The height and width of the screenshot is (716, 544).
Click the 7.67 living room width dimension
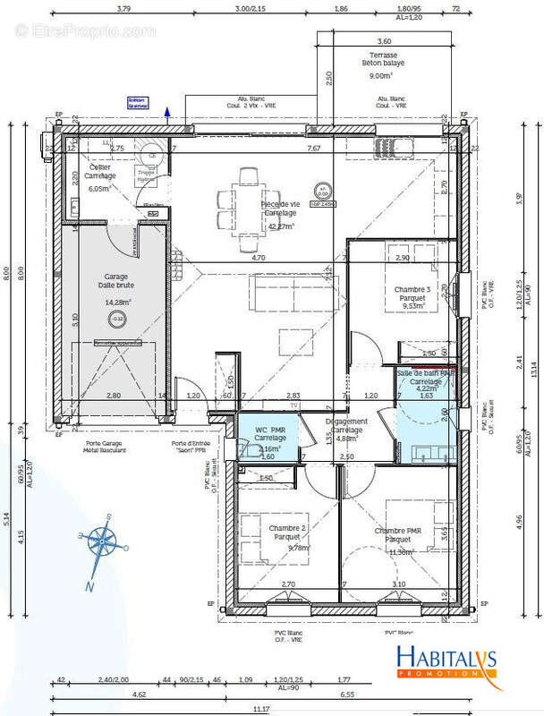click(x=313, y=148)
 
